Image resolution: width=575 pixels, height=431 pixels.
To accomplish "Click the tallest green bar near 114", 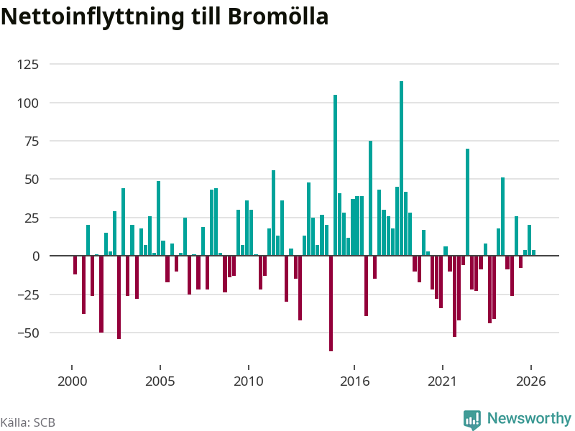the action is tap(401, 168).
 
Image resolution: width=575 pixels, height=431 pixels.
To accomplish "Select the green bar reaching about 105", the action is tap(335, 175).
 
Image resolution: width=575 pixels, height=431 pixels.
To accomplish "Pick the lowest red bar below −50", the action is tap(331, 303).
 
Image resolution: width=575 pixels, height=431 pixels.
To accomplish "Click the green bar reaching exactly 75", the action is tap(370, 198).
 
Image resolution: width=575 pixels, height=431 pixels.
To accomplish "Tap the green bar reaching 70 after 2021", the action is tap(468, 202).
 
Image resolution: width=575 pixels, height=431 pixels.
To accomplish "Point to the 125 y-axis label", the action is tap(28, 65).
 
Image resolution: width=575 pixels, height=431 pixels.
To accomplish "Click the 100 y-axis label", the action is tap(28, 103).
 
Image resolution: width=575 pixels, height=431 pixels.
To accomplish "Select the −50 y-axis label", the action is tap(28, 333).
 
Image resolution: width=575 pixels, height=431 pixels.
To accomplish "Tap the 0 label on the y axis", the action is tap(36, 256).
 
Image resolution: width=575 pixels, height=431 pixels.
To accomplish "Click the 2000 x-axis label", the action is tap(73, 381).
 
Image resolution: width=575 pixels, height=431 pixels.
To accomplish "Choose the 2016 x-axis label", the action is tap(354, 381).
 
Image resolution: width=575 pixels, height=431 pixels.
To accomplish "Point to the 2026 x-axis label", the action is tap(531, 381).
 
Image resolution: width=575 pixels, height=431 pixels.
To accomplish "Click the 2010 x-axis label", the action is tap(249, 381).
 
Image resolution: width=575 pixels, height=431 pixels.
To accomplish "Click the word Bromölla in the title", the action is tap(278, 17).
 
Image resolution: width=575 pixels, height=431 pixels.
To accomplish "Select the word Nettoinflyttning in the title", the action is tap(93, 17).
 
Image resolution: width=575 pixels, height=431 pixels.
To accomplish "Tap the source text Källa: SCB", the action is tap(28, 422).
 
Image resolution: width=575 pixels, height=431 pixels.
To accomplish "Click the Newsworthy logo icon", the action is tap(472, 420).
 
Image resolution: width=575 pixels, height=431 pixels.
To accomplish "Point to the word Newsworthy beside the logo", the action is tap(529, 418).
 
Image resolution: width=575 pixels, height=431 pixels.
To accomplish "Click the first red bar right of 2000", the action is tap(75, 265).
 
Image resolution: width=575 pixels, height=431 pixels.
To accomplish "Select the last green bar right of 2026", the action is tap(534, 253).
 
